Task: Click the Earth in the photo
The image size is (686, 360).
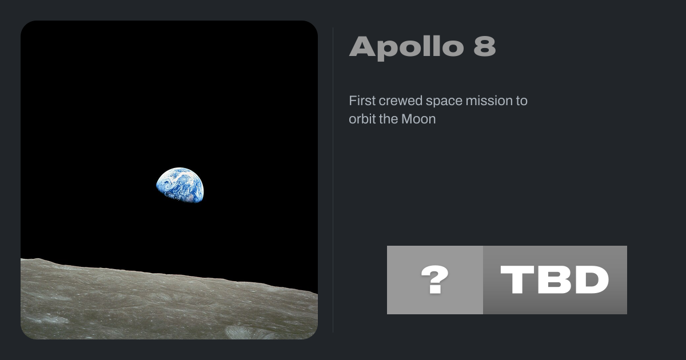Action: [x=180, y=185]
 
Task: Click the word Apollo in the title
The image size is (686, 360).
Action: [x=406, y=47]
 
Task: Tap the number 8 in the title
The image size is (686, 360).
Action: [x=485, y=46]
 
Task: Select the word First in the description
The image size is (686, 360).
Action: [x=362, y=101]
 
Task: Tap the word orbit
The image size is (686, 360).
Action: [x=362, y=119]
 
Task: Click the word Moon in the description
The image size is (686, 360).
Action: [x=418, y=119]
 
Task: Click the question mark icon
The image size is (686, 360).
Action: [x=435, y=280]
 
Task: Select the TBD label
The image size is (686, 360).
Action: [x=555, y=280]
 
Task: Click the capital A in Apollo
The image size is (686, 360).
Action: [x=362, y=46]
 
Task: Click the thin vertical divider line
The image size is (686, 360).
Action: [x=333, y=179]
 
